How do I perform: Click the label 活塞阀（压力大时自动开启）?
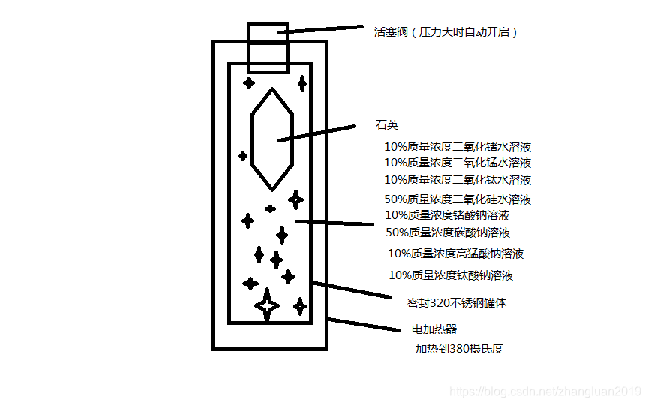click(446, 32)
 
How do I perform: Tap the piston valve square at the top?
click(268, 46)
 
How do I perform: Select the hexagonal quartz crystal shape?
click(271, 139)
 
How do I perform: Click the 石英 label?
click(387, 125)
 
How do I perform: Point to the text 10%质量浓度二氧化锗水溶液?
click(457, 148)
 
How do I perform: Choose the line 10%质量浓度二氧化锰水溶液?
click(457, 163)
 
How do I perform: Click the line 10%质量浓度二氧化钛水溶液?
click(457, 180)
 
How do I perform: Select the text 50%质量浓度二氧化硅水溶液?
click(457, 199)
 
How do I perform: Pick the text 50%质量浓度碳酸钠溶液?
click(448, 232)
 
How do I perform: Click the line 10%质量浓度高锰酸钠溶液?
click(455, 253)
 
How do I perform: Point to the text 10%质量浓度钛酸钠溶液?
click(451, 275)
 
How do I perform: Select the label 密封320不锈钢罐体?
click(457, 304)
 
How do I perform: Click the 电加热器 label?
click(434, 329)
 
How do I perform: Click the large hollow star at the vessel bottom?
click(266, 305)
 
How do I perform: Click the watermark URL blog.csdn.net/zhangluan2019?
click(543, 392)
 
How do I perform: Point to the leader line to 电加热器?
click(364, 324)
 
